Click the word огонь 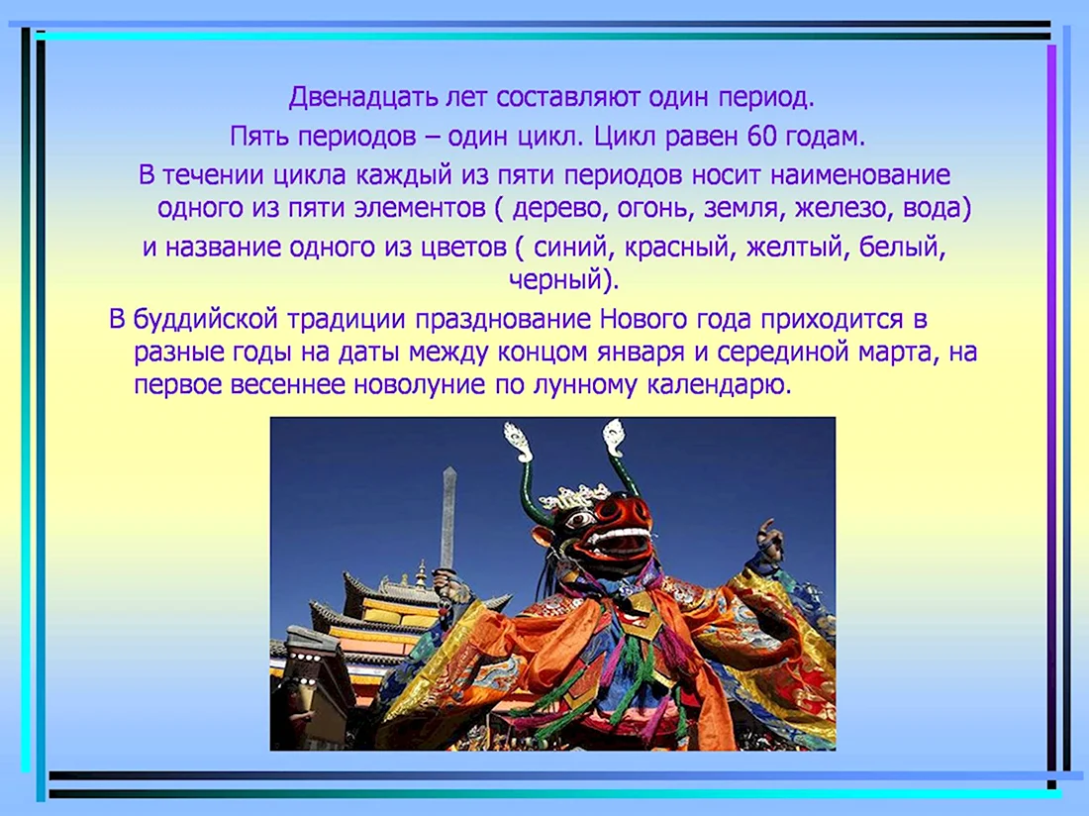[x=652, y=209]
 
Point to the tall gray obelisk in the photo [x=447, y=517]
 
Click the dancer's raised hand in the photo [x=769, y=535]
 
